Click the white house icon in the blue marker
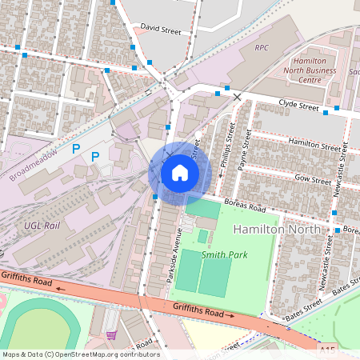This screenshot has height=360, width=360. click(x=180, y=172)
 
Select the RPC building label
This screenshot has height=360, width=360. click(x=262, y=48)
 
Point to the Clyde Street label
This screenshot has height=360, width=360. click(x=298, y=104)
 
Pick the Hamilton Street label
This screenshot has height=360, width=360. click(x=314, y=146)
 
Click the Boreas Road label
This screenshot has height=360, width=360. click(x=244, y=206)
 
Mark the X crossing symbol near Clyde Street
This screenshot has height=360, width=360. click(x=237, y=97)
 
